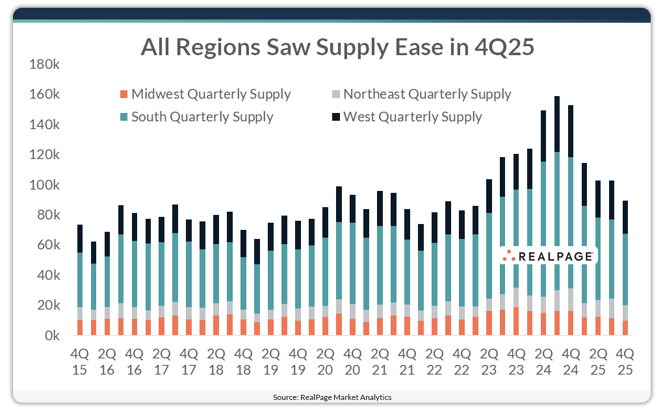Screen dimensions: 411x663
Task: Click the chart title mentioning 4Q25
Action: [x=337, y=47]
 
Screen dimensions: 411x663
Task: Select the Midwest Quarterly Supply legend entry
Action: [x=205, y=94]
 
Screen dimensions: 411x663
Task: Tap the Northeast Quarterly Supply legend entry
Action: [x=421, y=94]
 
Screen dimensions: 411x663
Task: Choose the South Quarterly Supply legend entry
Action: [x=196, y=117]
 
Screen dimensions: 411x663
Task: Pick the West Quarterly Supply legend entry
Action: [x=406, y=117]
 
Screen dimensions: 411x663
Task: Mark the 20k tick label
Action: [x=49, y=306]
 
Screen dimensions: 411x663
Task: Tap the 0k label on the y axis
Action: [x=52, y=336]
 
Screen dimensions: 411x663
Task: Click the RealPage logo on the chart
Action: [x=549, y=256]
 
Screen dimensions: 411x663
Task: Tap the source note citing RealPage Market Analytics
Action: [x=331, y=397]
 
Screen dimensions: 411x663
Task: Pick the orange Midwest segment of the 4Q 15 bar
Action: [x=80, y=328]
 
